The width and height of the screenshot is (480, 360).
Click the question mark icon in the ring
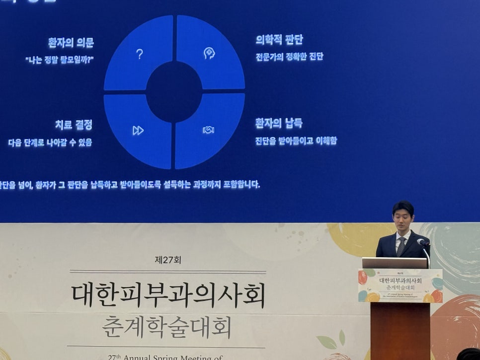pyautogui.click(x=140, y=54)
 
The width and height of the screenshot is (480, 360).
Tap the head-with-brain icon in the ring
pyautogui.click(x=209, y=53)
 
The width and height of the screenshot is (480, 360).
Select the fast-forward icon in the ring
pyautogui.click(x=138, y=130)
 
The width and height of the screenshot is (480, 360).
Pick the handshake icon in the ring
pyautogui.click(x=208, y=130)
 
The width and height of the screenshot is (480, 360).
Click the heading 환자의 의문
pyautogui.click(x=71, y=43)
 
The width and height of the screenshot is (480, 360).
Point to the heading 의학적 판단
pyautogui.click(x=279, y=40)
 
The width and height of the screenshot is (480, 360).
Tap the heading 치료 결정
pyautogui.click(x=74, y=125)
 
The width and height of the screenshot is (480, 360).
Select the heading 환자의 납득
pyautogui.click(x=279, y=123)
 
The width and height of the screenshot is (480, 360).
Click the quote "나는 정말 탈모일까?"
pyautogui.click(x=60, y=59)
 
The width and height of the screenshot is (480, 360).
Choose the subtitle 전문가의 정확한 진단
pyautogui.click(x=289, y=56)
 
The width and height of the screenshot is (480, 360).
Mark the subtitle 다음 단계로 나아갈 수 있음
pyautogui.click(x=50, y=143)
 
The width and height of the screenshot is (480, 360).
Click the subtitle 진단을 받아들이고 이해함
pyautogui.click(x=296, y=141)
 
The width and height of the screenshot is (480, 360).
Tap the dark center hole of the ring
pyautogui.click(x=174, y=92)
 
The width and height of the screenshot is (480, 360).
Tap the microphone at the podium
pyautogui.click(x=422, y=242)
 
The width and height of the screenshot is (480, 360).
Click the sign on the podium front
pyautogui.click(x=400, y=286)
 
